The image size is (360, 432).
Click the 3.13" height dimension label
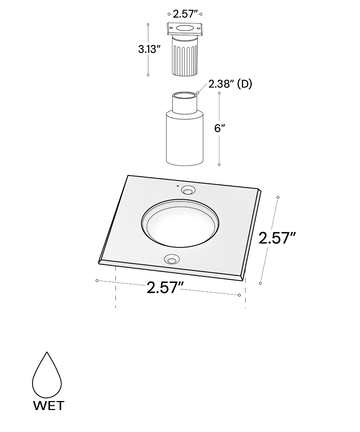pos(149,49)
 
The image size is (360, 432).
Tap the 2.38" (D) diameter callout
pos(230,84)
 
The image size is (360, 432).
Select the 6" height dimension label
pos(219,128)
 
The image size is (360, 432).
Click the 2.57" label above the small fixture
pos(185,14)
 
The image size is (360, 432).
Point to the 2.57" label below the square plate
pos(165,287)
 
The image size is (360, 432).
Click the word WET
pos(49,406)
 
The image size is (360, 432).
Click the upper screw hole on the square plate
pos(188,190)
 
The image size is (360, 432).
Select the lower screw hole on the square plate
pos(171,259)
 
